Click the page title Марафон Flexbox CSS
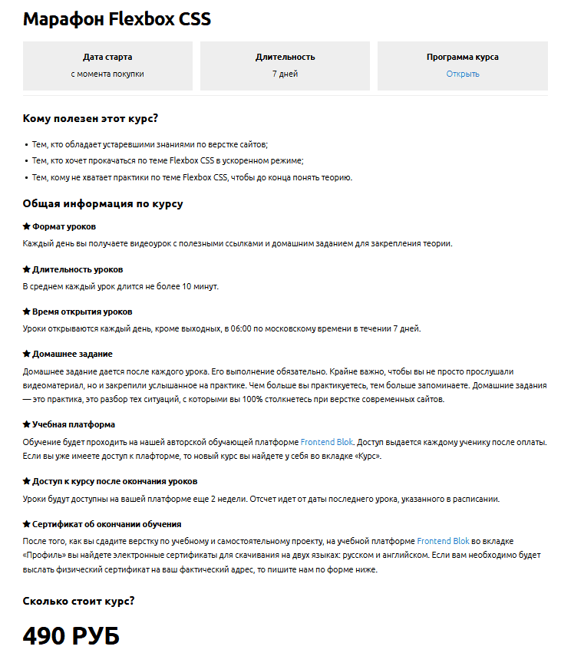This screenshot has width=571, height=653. pyautogui.click(x=117, y=20)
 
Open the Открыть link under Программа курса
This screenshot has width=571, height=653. pyautogui.click(x=463, y=74)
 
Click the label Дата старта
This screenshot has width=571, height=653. pyautogui.click(x=107, y=57)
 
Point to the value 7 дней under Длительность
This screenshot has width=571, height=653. pyautogui.click(x=285, y=74)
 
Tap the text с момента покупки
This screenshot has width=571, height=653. pyautogui.click(x=107, y=74)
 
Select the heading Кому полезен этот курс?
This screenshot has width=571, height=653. pyautogui.click(x=91, y=118)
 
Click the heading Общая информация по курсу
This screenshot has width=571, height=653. pyautogui.click(x=103, y=204)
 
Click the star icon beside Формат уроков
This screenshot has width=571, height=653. pyautogui.click(x=26, y=226)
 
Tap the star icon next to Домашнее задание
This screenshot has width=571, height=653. pyautogui.click(x=26, y=354)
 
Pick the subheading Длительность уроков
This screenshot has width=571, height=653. pyautogui.click(x=77, y=269)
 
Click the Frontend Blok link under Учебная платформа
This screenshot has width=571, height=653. pyautogui.click(x=326, y=442)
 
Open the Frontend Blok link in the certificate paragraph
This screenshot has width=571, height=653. pyautogui.click(x=443, y=541)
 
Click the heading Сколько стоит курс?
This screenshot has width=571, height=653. pyautogui.click(x=79, y=601)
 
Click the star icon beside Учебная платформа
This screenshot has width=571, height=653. pyautogui.click(x=26, y=424)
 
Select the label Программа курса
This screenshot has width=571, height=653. pyautogui.click(x=463, y=57)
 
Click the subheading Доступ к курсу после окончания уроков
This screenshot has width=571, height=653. pyautogui.click(x=114, y=481)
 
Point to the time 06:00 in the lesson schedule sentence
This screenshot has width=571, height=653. pyautogui.click(x=234, y=328)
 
